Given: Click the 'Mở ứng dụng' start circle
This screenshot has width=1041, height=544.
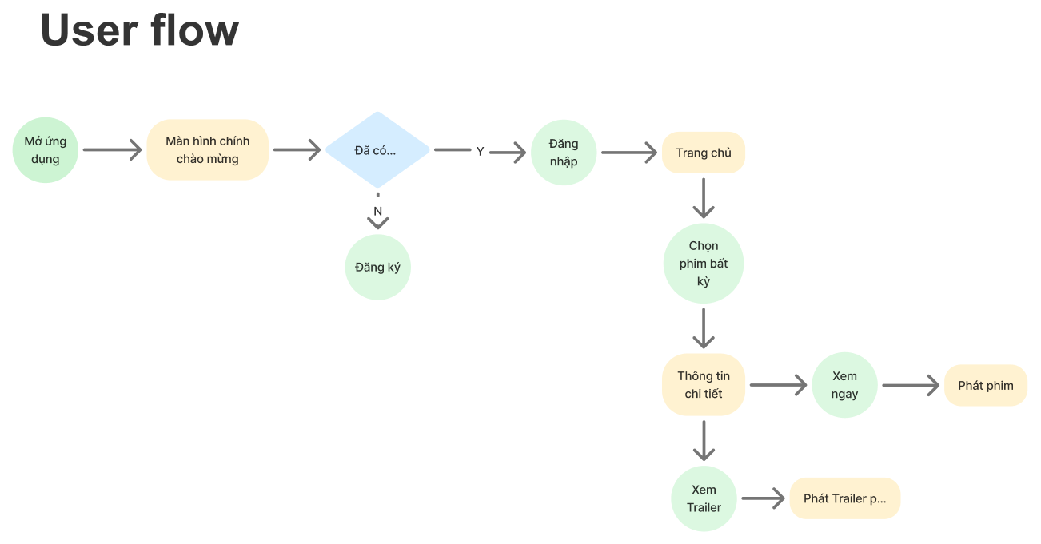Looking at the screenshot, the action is tap(45, 150).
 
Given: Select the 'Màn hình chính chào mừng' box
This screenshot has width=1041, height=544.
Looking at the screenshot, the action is tap(208, 150).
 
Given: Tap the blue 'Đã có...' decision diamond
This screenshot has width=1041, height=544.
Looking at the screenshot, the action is tap(378, 150).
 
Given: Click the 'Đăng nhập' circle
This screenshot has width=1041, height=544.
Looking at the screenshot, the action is tap(564, 153).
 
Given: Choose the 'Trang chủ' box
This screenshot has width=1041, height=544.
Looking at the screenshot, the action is tap(704, 153).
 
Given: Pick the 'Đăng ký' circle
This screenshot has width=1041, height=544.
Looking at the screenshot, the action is tap(378, 268).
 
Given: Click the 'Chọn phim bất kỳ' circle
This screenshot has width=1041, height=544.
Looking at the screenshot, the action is tap(704, 264).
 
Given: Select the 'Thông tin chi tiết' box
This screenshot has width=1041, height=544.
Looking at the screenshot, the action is tap(704, 385).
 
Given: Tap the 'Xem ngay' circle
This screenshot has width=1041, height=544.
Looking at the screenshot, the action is tap(844, 385).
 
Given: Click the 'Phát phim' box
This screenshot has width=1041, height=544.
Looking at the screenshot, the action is tap(986, 386).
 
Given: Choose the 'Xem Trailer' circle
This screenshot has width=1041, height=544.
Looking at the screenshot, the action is tap(704, 498).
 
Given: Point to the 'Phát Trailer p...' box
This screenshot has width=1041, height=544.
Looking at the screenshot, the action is tap(845, 498).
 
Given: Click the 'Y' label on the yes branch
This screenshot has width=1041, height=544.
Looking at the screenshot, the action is tap(480, 152).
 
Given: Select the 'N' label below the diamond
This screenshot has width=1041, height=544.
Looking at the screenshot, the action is tap(378, 212).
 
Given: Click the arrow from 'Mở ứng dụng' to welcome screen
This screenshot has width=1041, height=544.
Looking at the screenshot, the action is tap(113, 150).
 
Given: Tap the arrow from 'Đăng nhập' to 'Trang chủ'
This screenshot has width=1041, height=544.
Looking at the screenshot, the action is tap(629, 153).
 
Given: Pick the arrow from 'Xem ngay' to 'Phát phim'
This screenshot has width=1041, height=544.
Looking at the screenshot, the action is tap(911, 386).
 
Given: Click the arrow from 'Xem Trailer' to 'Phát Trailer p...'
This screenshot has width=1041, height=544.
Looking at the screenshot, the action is tap(763, 498).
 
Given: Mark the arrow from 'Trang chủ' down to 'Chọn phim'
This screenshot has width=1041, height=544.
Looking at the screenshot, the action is tap(704, 198).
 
